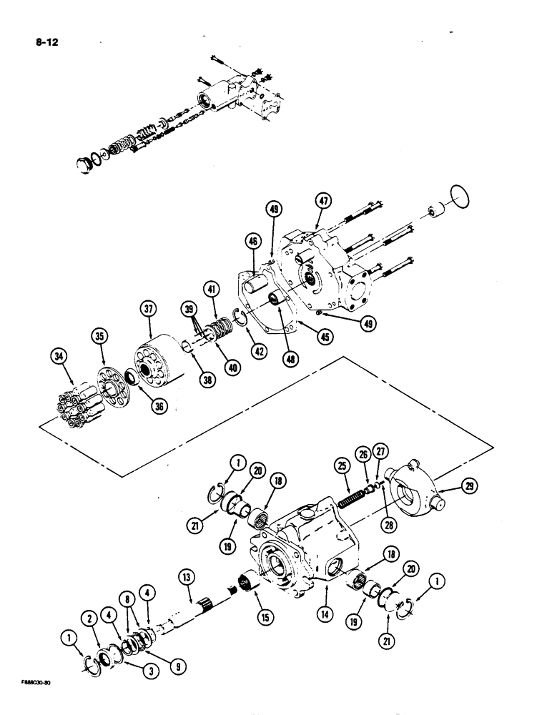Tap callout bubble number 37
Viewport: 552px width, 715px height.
point(148,309)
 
